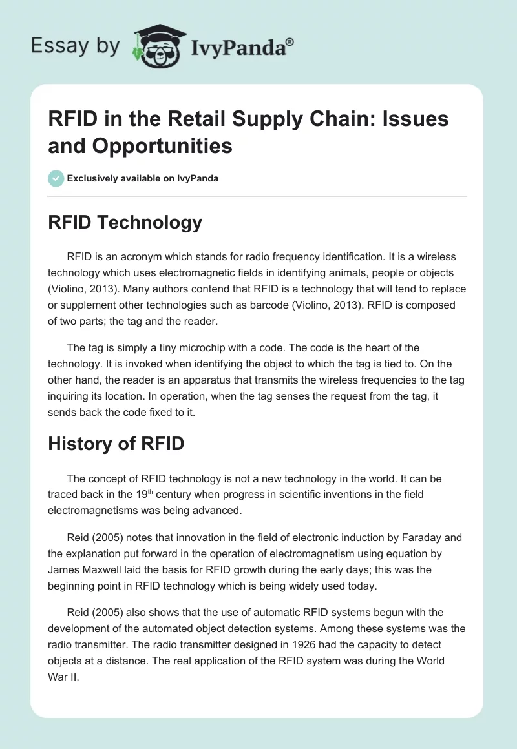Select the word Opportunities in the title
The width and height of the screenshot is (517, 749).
[141, 145]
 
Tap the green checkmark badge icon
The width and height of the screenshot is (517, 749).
[56, 178]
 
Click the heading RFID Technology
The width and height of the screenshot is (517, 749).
[125, 223]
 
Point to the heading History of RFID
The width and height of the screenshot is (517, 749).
[116, 444]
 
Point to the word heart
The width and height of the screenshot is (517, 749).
[364, 347]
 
